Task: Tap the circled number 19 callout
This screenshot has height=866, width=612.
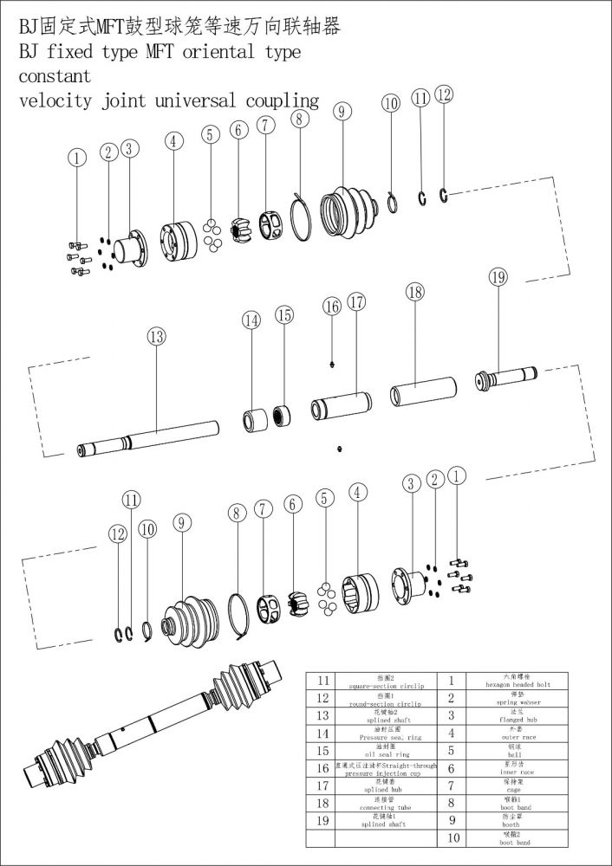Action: (x=498, y=277)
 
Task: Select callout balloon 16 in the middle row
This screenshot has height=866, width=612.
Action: (x=332, y=306)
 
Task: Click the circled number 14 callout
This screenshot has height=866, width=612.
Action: (x=251, y=320)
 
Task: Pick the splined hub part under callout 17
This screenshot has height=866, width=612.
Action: (x=341, y=404)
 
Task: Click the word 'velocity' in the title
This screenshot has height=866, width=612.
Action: (x=55, y=101)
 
